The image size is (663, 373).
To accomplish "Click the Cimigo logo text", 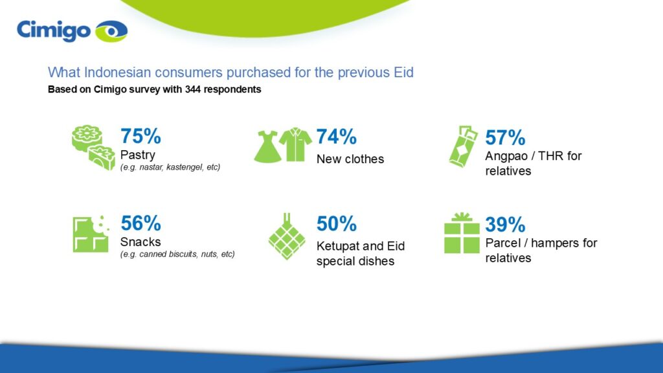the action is tap(54, 31).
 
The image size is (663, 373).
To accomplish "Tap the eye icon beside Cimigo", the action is tap(111, 31).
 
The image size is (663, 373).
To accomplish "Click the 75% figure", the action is tap(140, 136).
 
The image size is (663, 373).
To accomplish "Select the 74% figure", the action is tap(337, 136).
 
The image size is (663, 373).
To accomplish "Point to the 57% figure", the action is tap(505, 137).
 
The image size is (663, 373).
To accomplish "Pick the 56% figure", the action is tap(140, 223).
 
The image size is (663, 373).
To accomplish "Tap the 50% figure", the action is tap(337, 223).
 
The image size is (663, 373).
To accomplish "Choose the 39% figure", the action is tap(505, 225).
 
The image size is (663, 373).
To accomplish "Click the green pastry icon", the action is tap(93, 148).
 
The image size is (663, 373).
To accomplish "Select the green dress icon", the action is tap(267, 146).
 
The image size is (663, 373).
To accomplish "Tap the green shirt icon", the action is tap(296, 144).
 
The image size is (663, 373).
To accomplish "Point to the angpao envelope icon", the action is tap(463, 146).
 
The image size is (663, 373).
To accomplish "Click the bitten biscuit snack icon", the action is tap(91, 234).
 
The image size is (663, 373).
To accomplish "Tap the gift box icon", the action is tap(462, 233).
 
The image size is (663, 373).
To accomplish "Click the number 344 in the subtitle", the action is tap(193, 89).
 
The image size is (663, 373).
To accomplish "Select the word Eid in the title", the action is tap(403, 73).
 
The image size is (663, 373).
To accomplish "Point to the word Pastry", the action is tap(138, 155).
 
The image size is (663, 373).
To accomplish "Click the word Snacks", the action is tap(140, 242).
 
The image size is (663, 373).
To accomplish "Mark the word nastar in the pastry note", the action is tap(151, 167).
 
